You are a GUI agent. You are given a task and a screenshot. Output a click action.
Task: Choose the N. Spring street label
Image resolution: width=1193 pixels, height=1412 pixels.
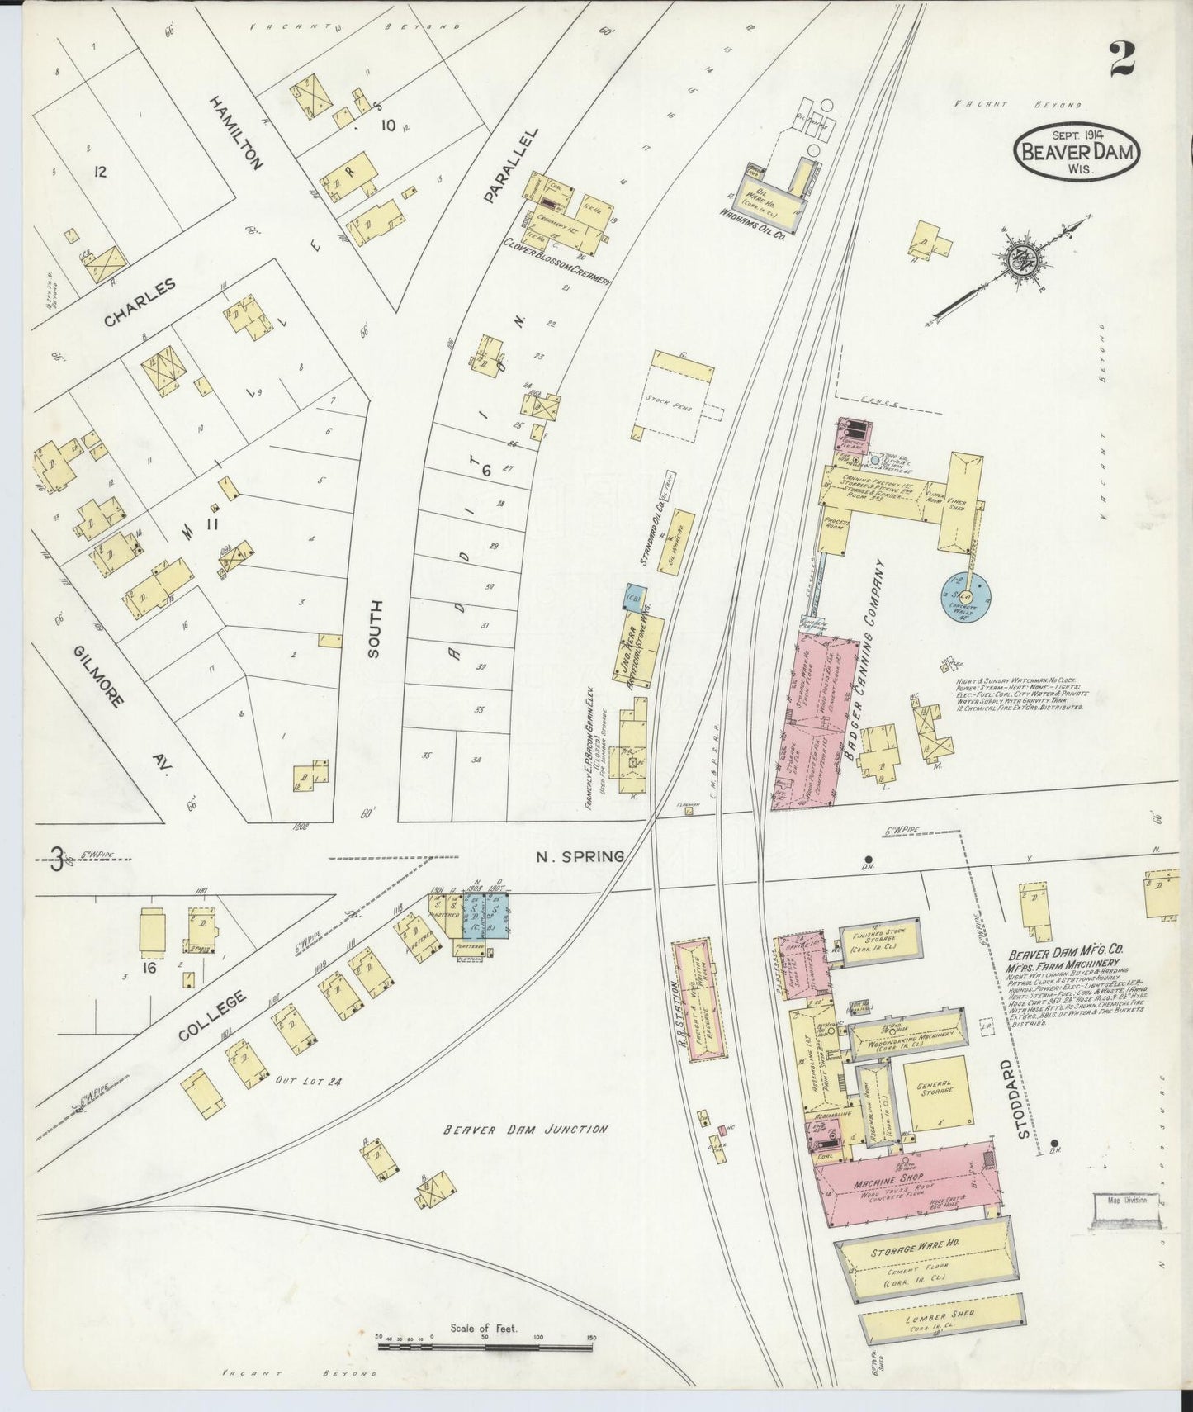pyautogui.click(x=580, y=856)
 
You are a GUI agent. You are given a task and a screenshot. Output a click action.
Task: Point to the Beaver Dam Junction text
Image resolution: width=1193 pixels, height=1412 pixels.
pyautogui.click(x=524, y=1129)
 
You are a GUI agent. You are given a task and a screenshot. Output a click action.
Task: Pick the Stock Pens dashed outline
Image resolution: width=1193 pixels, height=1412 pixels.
pyautogui.click(x=679, y=395)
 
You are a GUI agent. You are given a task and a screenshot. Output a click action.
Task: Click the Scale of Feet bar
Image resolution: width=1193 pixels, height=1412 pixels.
pyautogui.click(x=485, y=1346)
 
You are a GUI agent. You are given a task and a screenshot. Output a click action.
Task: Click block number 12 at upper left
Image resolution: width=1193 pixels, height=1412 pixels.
pyautogui.click(x=101, y=172)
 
